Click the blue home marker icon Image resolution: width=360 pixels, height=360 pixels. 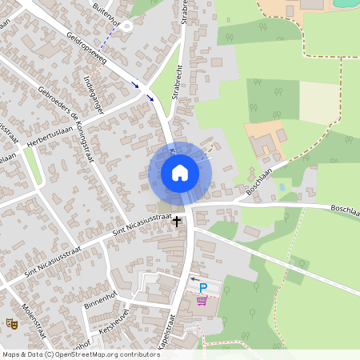pos(180,173)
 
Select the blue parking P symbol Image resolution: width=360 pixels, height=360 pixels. pos(202,288)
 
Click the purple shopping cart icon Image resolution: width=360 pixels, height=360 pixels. pos(202,301)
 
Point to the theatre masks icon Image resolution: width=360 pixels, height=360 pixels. pos(12,323)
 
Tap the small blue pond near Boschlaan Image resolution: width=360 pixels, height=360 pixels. pos(281,187)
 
